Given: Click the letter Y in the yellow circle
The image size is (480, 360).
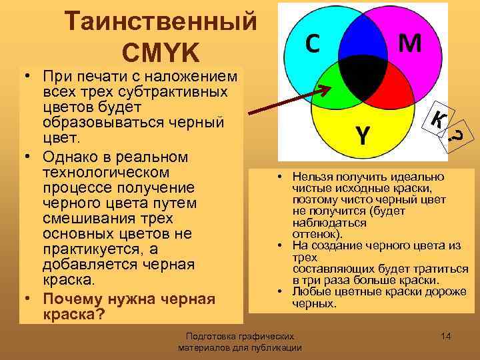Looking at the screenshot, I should [x=361, y=135].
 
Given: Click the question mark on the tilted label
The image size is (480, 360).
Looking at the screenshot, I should [x=457, y=137].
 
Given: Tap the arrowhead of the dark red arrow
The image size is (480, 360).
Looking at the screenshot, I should [x=332, y=87].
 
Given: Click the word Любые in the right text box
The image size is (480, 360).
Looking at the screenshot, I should [x=307, y=292].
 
